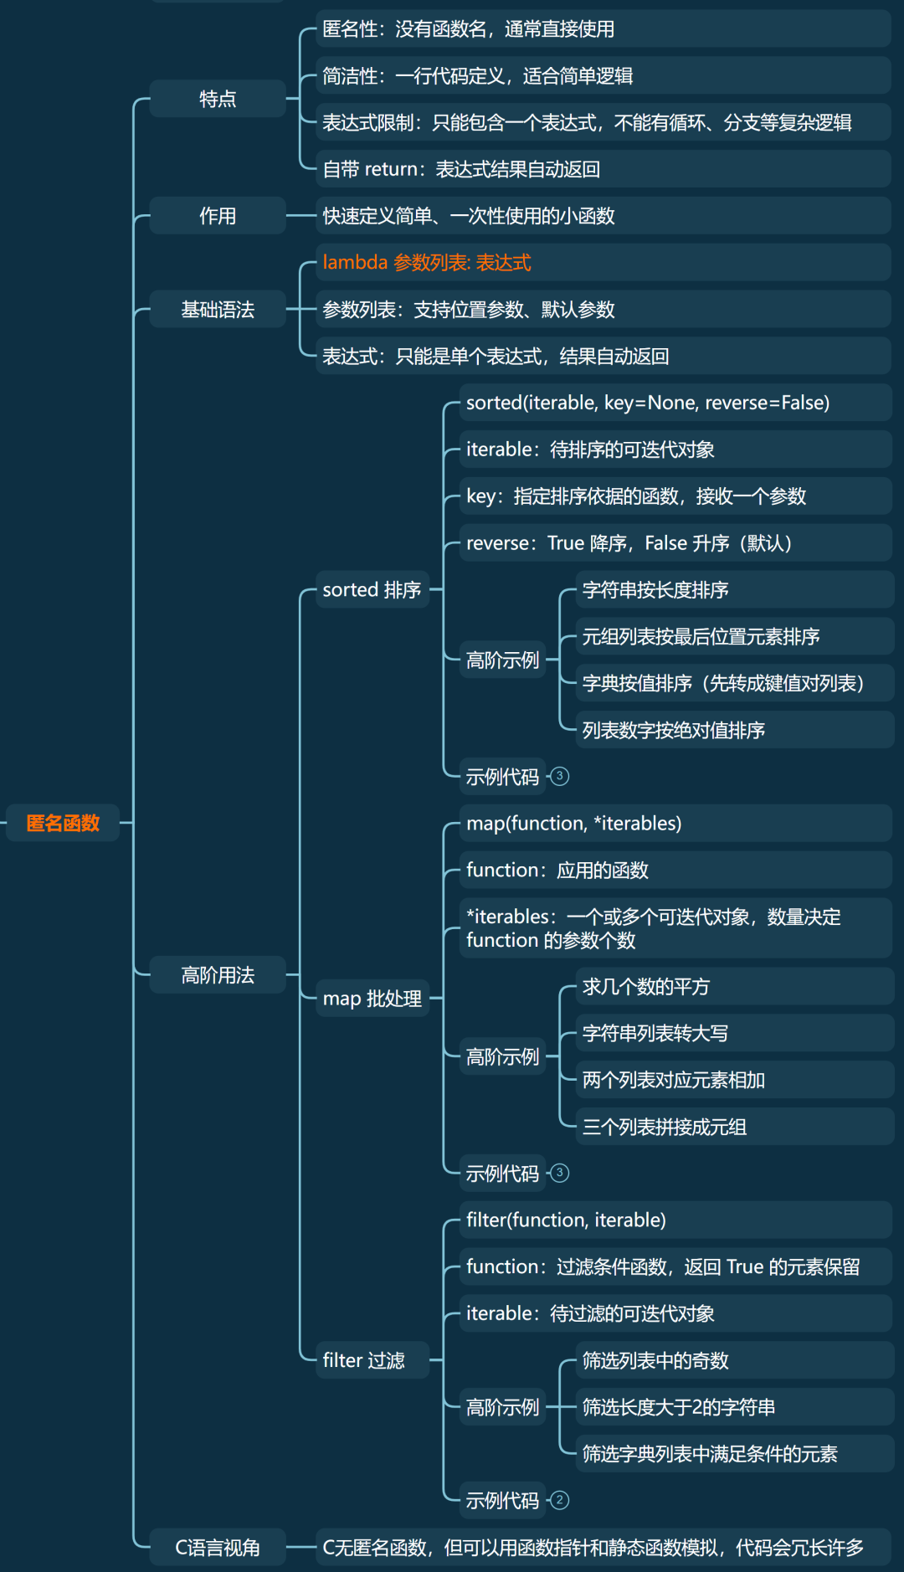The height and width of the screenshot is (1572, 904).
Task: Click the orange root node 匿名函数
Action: pos(63,823)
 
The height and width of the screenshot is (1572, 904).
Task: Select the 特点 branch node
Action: pos(218,99)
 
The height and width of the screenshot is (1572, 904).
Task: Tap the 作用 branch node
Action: pos(218,216)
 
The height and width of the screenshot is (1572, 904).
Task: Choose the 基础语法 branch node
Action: pos(218,310)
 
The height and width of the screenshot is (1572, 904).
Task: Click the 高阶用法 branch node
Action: pos(218,975)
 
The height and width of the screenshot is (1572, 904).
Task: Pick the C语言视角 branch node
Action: pos(218,1548)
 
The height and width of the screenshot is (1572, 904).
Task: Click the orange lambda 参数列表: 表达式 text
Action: pos(427,263)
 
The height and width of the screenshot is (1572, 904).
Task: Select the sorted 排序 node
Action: pos(372,590)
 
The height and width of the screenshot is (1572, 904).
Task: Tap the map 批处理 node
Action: pos(372,999)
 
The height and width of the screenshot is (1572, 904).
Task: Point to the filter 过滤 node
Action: pos(363,1360)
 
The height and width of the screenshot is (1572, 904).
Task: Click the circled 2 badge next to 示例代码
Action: pos(560,1500)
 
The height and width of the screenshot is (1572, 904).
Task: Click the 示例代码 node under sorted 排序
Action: pos(502,777)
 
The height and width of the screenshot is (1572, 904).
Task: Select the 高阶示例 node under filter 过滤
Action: pos(502,1407)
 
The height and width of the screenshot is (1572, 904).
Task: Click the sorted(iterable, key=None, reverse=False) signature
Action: pos(648,403)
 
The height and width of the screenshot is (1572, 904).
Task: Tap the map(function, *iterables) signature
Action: pos(573,824)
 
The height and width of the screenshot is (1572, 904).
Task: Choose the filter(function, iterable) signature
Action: pos(566,1220)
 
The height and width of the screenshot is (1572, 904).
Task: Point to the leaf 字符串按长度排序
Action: pos(655,590)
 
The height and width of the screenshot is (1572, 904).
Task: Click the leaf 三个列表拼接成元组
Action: pos(665,1127)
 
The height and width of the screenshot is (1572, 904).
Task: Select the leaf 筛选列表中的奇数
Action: pos(655,1361)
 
